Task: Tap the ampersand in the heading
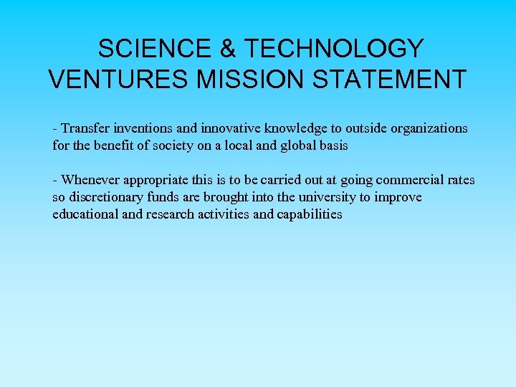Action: click(x=227, y=49)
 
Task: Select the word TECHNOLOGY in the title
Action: click(x=333, y=49)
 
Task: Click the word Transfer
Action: click(x=85, y=128)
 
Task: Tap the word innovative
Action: click(x=231, y=128)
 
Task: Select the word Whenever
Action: click(x=90, y=180)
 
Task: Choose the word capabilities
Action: click(x=309, y=214)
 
